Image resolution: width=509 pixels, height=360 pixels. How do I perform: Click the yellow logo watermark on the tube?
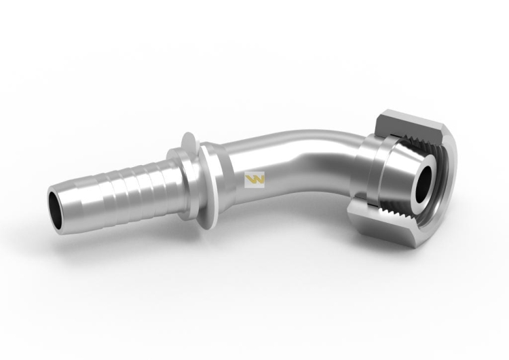tap(254, 179)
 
